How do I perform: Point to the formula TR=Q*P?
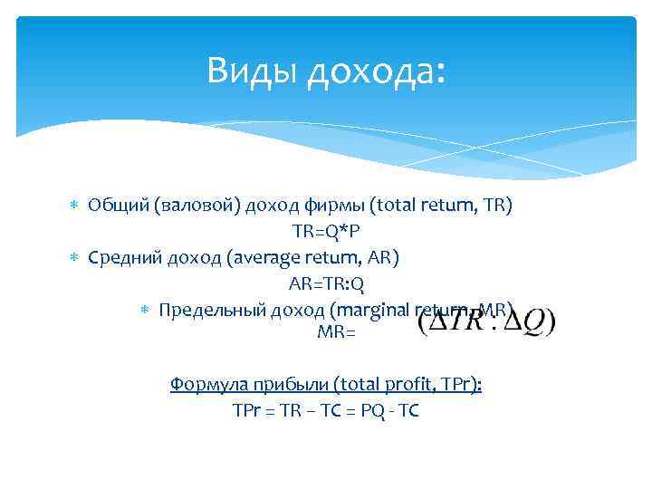(325, 231)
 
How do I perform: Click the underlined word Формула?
(204, 385)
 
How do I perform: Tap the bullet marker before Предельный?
(146, 311)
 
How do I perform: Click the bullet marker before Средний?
(75, 258)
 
